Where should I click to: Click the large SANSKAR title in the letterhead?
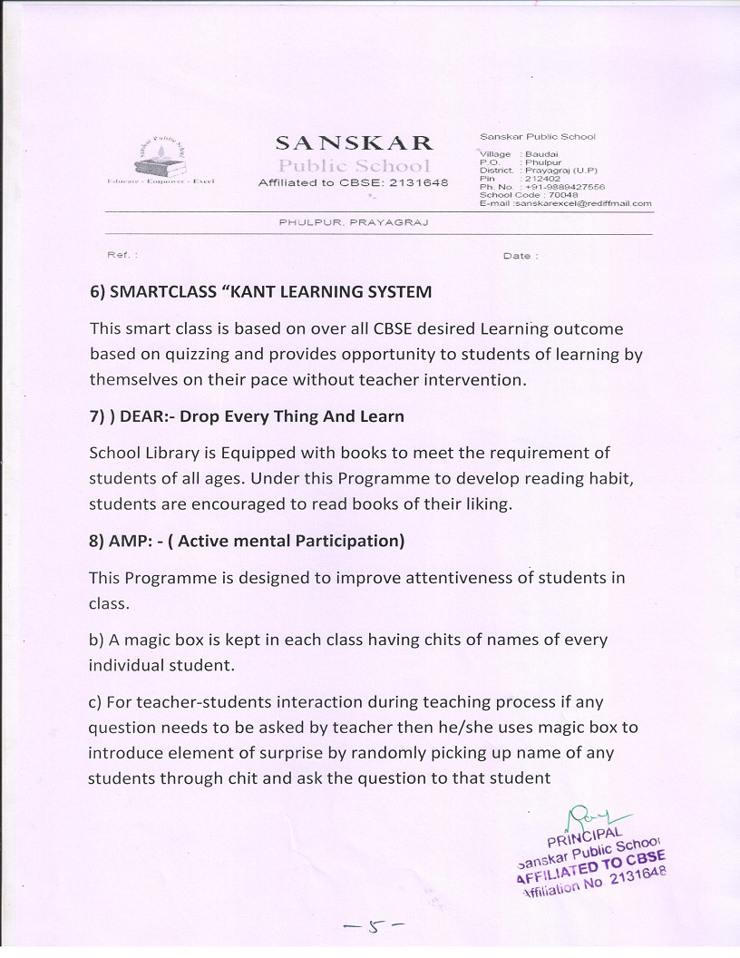(x=354, y=143)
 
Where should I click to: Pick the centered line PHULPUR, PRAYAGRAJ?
(x=354, y=222)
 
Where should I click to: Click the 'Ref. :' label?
(x=122, y=255)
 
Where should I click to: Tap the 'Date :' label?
(x=521, y=256)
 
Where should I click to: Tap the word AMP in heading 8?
(x=125, y=541)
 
